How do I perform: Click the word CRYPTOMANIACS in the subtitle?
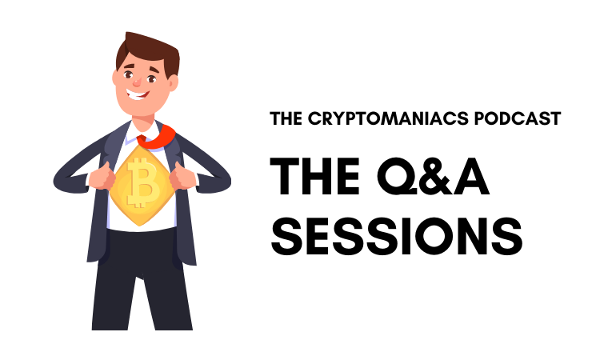coord(388,118)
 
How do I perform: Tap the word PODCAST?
coord(518,118)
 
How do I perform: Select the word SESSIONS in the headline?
coord(397,237)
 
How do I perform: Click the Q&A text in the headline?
coord(433,177)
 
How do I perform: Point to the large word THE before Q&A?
coord(314,176)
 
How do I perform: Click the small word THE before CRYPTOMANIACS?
coord(286,118)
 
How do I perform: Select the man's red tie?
coord(156,137)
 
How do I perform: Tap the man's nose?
coord(137,82)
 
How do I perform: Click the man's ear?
coord(173,82)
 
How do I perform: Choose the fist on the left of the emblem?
coord(102,177)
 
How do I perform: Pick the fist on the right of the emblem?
coord(182,176)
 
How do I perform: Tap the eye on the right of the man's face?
coord(151,79)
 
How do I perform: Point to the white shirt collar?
coord(143,131)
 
